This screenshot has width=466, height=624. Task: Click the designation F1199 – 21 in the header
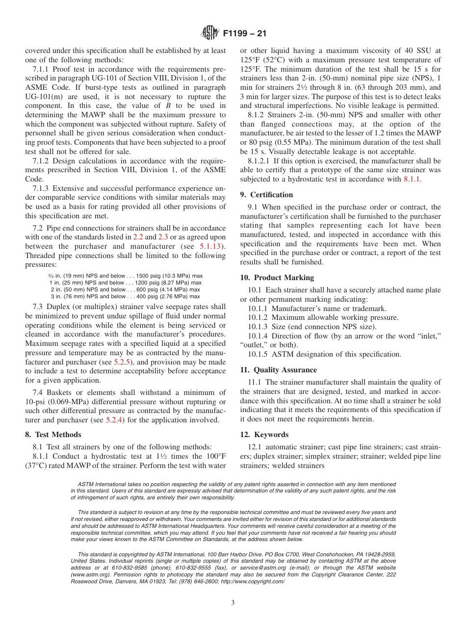[x=245, y=34]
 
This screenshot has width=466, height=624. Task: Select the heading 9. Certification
[x=266, y=195]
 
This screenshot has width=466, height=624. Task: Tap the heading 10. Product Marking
[x=277, y=278]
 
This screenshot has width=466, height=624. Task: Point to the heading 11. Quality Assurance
[x=278, y=370]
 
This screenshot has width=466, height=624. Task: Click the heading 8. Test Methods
[x=53, y=435]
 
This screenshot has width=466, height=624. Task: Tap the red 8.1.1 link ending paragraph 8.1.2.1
[x=413, y=179]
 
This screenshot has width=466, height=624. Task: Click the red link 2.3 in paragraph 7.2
[x=163, y=237]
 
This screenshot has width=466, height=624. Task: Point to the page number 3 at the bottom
[x=233, y=603]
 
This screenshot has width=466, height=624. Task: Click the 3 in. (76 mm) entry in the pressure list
[x=71, y=296]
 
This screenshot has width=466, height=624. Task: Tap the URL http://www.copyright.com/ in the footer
[x=254, y=581]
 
